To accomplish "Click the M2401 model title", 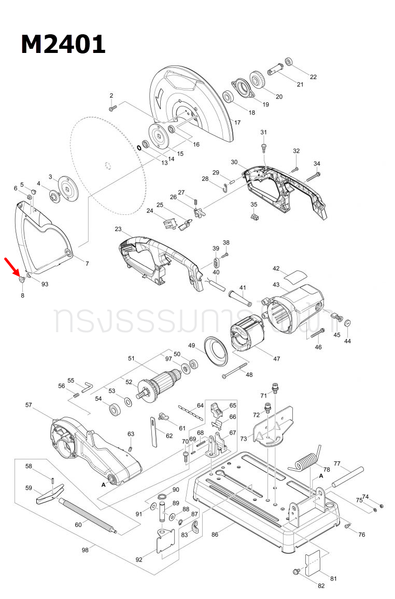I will pyautogui.click(x=63, y=44).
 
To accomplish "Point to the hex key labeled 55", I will pyautogui.click(x=87, y=386).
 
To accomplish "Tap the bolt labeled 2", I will pyautogui.click(x=113, y=107).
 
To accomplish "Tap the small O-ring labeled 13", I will pyautogui.click(x=139, y=147).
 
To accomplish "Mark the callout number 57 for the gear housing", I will pyautogui.click(x=29, y=404).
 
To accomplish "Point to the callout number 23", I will pyautogui.click(x=118, y=229).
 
